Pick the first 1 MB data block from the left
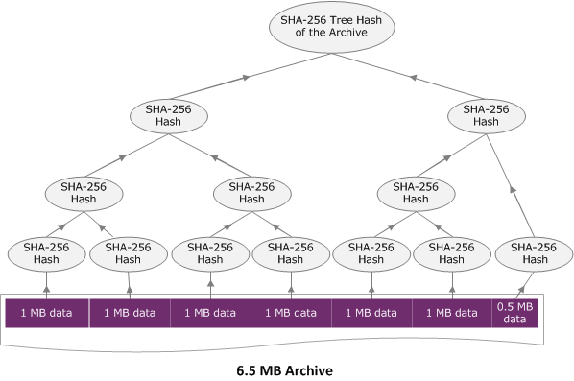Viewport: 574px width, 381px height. (x=47, y=313)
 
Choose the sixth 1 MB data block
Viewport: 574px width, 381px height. (x=450, y=313)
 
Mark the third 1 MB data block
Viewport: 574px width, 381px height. (x=209, y=313)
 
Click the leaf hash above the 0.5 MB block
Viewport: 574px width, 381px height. (x=525, y=253)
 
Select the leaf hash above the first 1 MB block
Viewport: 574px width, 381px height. (x=45, y=253)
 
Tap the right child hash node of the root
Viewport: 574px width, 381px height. (x=486, y=117)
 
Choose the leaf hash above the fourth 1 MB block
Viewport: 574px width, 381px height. (x=290, y=253)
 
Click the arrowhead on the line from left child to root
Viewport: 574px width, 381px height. (x=246, y=75)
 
